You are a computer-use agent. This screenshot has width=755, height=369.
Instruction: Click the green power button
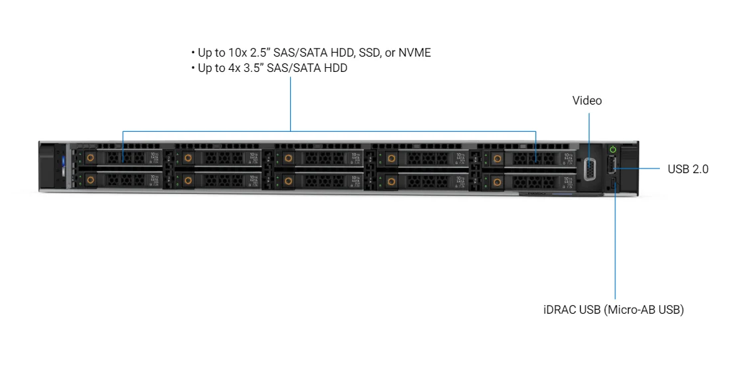(x=613, y=150)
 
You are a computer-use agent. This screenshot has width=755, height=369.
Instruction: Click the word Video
(x=587, y=101)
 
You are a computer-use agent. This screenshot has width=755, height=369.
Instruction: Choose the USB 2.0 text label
(x=688, y=169)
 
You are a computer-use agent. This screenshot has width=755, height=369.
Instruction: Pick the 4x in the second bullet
(x=235, y=68)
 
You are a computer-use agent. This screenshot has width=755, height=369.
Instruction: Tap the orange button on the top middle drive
(x=287, y=158)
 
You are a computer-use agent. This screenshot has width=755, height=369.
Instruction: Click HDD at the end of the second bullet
(x=335, y=68)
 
